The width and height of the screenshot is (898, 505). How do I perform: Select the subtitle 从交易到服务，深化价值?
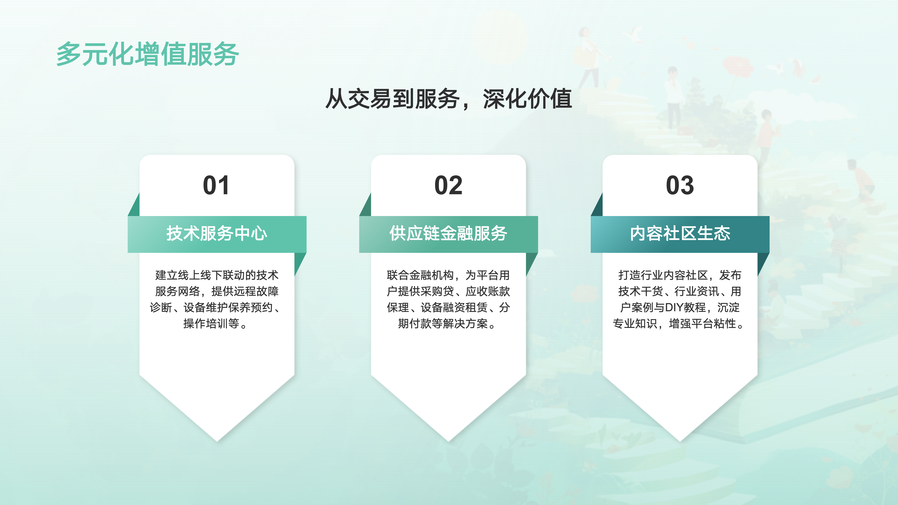[x=449, y=99]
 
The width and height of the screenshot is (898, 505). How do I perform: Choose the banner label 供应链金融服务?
[x=448, y=233]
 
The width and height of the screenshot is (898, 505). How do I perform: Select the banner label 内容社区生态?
[x=680, y=233]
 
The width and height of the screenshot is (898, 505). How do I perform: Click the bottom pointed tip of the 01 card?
[x=217, y=441]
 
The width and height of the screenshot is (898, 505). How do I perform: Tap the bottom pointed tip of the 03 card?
[x=680, y=441]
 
